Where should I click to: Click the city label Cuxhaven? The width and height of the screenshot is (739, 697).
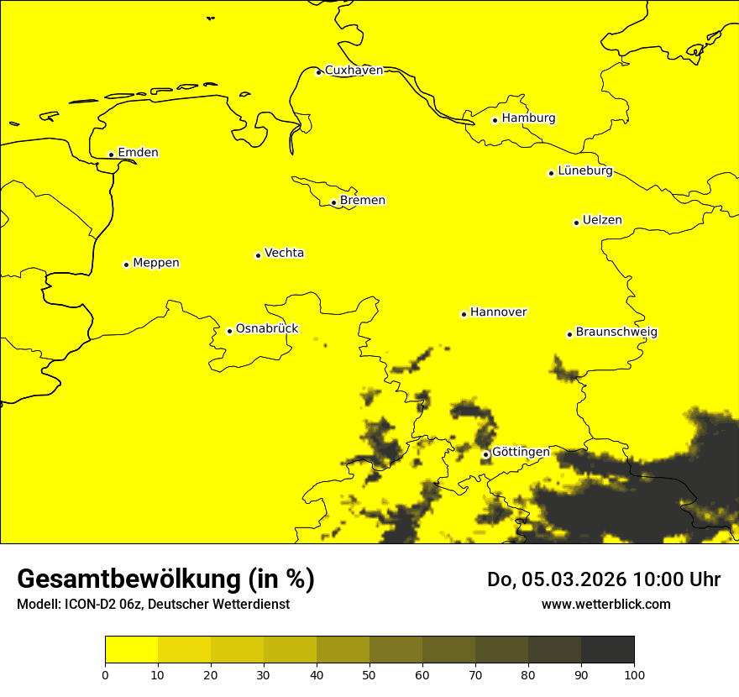[x=354, y=71]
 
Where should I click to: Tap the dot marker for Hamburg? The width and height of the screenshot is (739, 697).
[x=495, y=120]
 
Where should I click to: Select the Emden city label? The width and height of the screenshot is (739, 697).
[x=138, y=153]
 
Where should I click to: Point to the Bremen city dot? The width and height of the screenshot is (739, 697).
[x=333, y=202]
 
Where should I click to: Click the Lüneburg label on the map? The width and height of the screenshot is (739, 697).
[x=584, y=171]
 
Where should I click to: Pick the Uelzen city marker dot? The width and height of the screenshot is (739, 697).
[x=576, y=223]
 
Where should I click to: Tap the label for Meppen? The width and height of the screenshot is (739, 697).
[x=155, y=263]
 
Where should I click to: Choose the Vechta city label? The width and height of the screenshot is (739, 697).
[x=284, y=253]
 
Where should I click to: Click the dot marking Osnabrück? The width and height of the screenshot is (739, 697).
[x=229, y=331]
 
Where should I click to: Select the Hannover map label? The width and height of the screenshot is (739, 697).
[x=498, y=312]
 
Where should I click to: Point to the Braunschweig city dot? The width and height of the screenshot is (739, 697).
[x=569, y=334]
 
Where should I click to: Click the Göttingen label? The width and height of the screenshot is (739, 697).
[x=521, y=453]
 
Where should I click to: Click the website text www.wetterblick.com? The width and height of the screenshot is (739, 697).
[x=605, y=605]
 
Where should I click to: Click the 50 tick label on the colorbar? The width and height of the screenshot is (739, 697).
[x=369, y=674]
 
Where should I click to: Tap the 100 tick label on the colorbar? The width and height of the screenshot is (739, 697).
[x=634, y=674]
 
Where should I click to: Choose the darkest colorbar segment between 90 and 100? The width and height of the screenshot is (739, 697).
[x=607, y=649]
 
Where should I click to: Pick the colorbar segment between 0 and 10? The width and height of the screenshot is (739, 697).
[x=131, y=649]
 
